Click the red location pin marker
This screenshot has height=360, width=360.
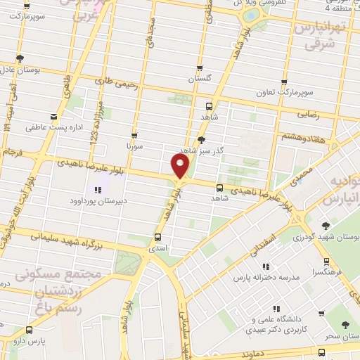(x=180, y=166)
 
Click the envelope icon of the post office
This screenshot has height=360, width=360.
(x=54, y=117)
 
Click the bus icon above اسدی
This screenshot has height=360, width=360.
(x=157, y=237)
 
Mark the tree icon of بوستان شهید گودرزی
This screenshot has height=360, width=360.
(x=325, y=226)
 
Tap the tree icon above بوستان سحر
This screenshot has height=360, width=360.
(x=345, y=324)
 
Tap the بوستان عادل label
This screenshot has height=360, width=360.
(x=18, y=70)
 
